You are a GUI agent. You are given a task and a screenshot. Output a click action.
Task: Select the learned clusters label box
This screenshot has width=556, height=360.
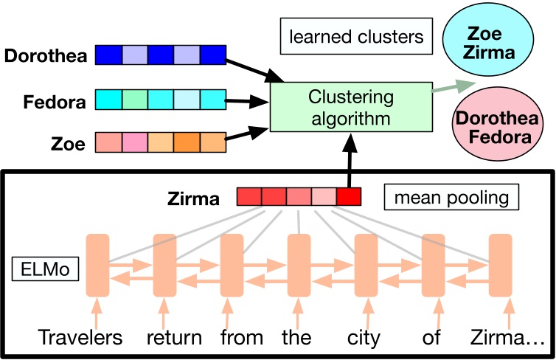tap(355, 36)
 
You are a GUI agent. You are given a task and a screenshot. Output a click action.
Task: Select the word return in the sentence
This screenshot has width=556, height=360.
tap(174, 338)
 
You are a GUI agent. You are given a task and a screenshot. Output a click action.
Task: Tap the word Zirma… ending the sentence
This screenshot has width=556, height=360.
tap(505, 338)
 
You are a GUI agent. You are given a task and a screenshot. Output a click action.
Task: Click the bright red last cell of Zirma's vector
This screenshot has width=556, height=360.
tap(349, 198)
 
